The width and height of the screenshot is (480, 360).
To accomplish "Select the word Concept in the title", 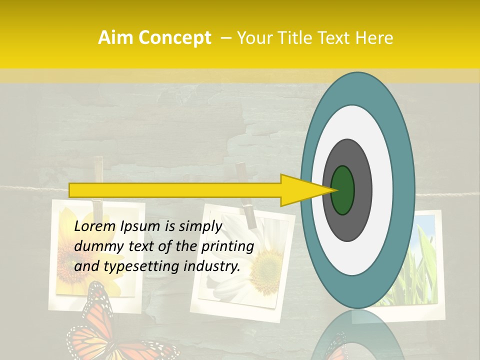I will tap(174, 38).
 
